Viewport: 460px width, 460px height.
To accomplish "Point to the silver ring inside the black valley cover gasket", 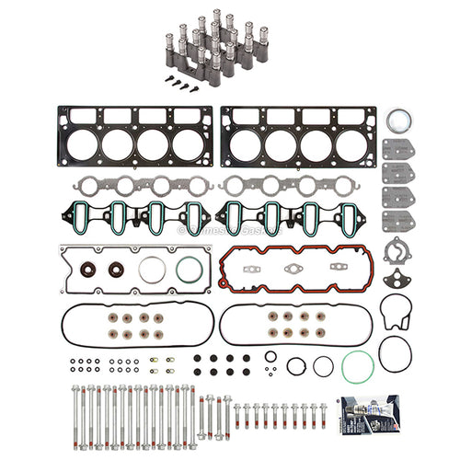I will pos(151,272).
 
